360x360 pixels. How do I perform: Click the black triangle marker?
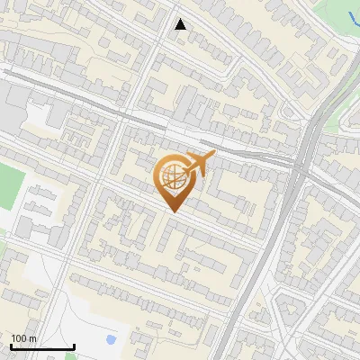coord(181,24)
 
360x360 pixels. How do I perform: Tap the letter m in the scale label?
coord(32,338)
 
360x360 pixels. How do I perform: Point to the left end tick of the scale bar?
coord(11,346)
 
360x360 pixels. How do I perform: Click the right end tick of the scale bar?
coord(74,346)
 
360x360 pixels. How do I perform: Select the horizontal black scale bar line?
coord(42,347)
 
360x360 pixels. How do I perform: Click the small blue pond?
coord(110,341)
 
